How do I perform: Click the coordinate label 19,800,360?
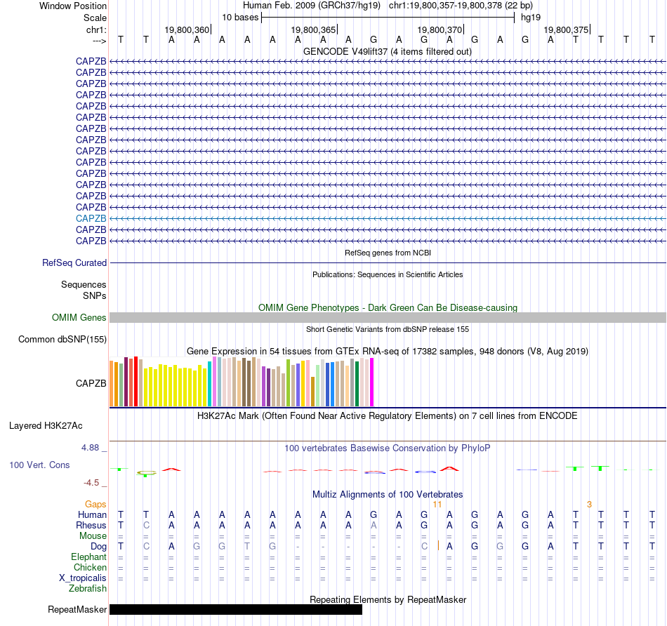coord(187,29)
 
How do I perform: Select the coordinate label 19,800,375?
coord(566,29)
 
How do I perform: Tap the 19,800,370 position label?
coord(440,29)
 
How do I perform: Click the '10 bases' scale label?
coord(240,17)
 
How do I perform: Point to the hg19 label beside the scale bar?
coord(530,17)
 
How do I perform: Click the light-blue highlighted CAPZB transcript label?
coord(91,218)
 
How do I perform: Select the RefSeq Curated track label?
coord(74,262)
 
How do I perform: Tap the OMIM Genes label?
coord(79,317)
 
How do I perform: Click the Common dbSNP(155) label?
coord(62,340)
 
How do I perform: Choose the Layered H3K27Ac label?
coord(46,425)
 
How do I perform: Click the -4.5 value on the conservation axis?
coord(94,483)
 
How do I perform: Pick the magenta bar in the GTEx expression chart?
coord(371,382)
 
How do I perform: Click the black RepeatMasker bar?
coord(235,609)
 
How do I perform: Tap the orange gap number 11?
coord(437,504)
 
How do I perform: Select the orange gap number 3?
coord(589,504)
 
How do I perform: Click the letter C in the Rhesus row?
coord(146,525)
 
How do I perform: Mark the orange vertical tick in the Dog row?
coord(438,545)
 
